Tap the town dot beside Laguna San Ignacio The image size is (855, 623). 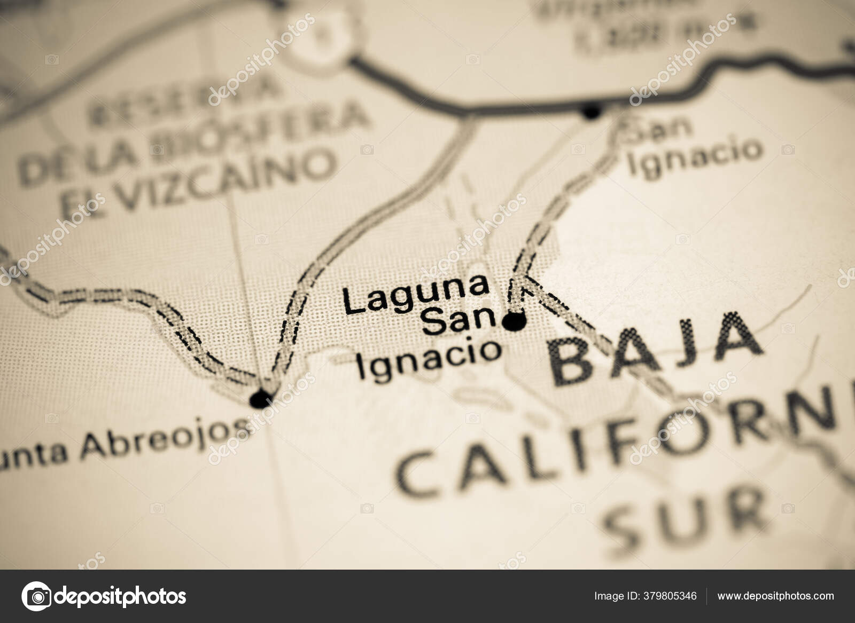(x=514, y=321)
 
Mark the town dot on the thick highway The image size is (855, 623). (x=591, y=112)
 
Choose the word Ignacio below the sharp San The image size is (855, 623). (x=429, y=361)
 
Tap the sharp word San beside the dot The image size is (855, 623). (x=461, y=322)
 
